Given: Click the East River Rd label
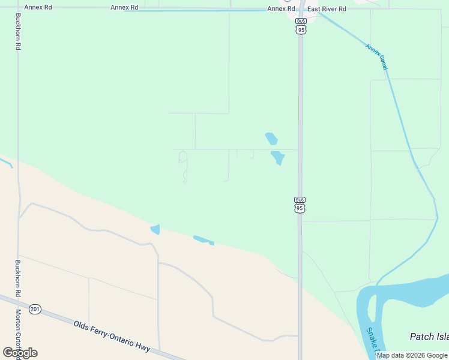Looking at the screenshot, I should (327, 9).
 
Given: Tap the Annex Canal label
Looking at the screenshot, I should (376, 56).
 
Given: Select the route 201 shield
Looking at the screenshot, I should (35, 309).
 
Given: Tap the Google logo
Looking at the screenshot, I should (20, 353).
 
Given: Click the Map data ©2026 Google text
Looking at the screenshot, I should (412, 355).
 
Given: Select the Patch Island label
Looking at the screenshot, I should (429, 337).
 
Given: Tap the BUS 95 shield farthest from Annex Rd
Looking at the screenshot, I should (300, 205).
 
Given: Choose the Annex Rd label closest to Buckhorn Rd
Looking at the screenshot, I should (38, 7).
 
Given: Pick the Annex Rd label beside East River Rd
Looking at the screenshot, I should (281, 8).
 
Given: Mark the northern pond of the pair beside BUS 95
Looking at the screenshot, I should (271, 139).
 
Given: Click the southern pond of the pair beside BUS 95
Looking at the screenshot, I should (278, 158).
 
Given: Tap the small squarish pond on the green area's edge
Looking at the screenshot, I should (155, 229).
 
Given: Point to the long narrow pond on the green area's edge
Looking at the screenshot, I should (203, 240).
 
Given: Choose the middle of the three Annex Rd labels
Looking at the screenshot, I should (124, 7).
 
